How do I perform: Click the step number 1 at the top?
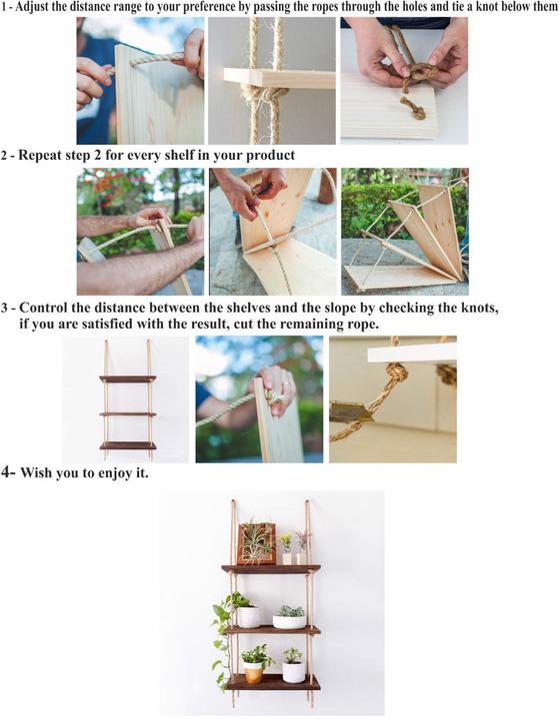pos(4,7)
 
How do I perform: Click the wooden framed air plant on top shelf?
pos(255,544)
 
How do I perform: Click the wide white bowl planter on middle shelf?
pos(290,620)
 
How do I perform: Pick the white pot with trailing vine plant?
pos(248,616)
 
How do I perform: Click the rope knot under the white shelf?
pos(395,373)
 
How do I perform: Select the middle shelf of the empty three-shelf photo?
pos(127,413)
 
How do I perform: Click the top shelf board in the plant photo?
pos(271,569)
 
